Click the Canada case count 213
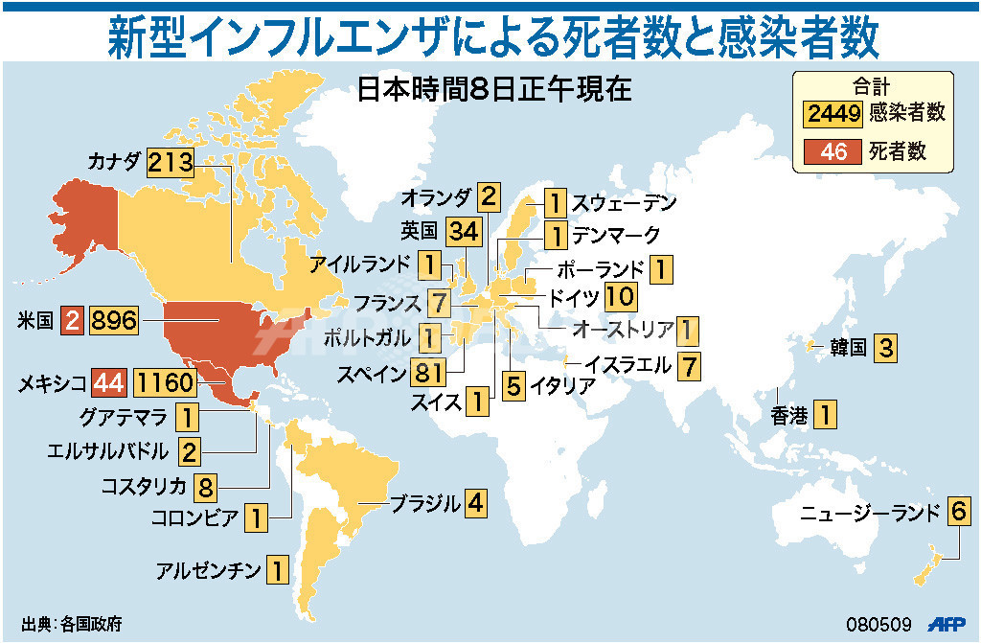[171, 162]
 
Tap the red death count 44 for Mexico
[108, 383]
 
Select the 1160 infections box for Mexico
[165, 383]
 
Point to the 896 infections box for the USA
[114, 320]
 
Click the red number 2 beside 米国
[72, 320]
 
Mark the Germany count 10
[620, 297]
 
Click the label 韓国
[848, 348]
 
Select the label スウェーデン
[625, 203]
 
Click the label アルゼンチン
[209, 572]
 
